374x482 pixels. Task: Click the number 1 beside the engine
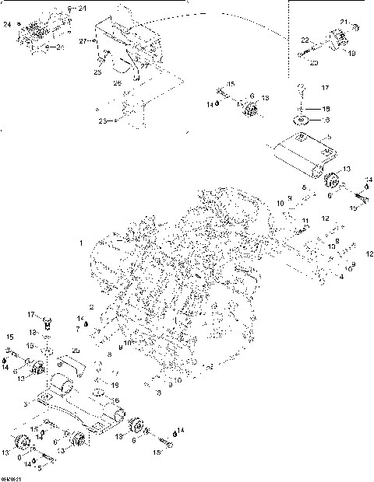[81, 243]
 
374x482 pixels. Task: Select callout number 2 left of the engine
[91, 307]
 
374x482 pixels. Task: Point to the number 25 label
[98, 72]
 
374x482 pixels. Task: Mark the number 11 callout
[305, 222]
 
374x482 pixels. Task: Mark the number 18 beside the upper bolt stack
[326, 109]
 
